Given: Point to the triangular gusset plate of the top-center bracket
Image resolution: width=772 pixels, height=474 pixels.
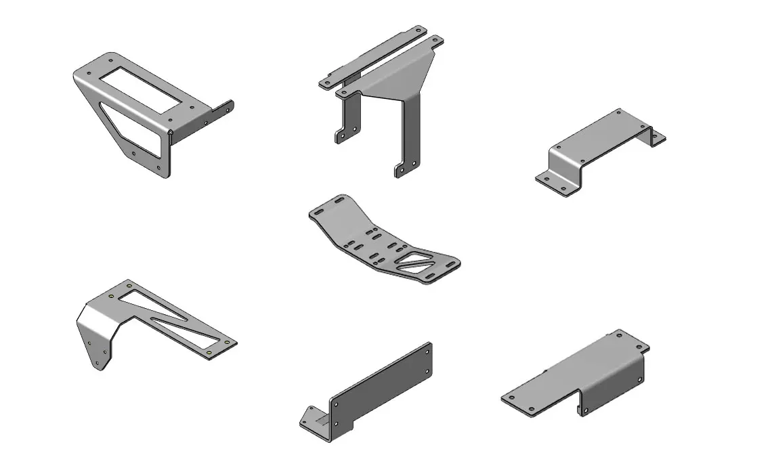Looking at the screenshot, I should coord(400,74).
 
